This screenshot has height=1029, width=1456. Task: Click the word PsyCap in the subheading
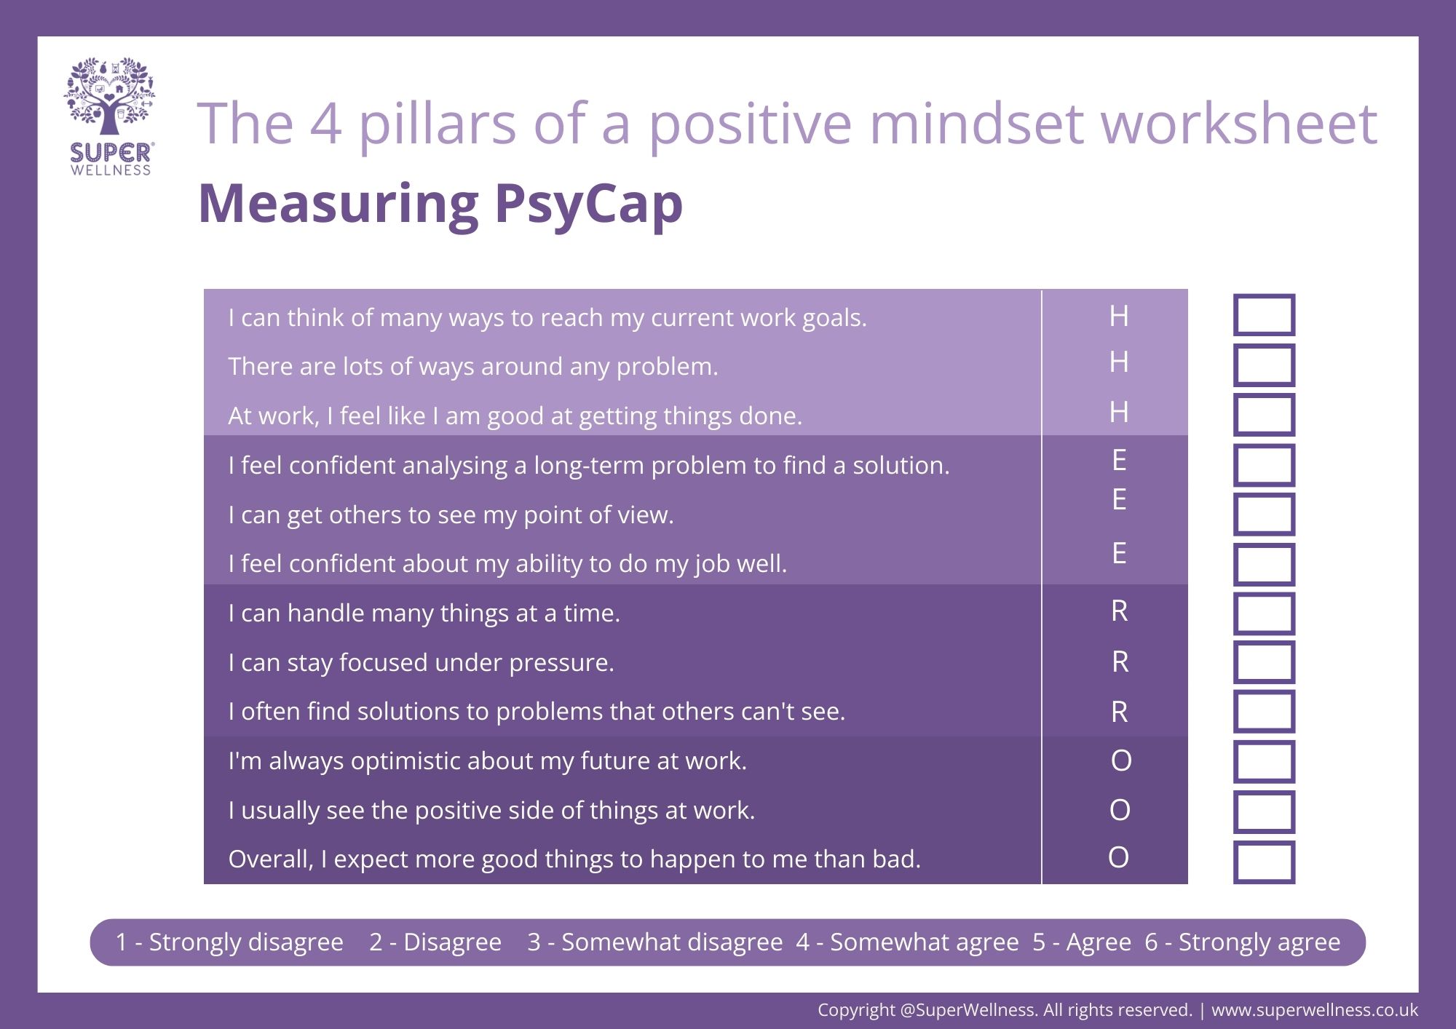[588, 204]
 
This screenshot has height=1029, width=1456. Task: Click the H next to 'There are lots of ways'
[1119, 362]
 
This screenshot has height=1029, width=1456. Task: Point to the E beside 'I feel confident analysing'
[1119, 460]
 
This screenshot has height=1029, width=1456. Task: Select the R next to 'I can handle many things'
[1120, 611]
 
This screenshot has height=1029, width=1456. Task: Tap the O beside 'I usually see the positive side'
[1120, 810]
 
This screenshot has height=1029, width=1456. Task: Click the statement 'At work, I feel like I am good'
[515, 416]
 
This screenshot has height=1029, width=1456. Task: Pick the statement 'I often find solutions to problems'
[537, 711]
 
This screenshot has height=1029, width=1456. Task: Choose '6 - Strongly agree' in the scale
[1242, 942]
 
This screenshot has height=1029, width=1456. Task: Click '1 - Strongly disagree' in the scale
[229, 942]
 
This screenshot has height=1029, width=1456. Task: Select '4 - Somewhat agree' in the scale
[907, 942]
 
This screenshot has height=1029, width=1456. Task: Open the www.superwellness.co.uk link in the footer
[1315, 1010]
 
